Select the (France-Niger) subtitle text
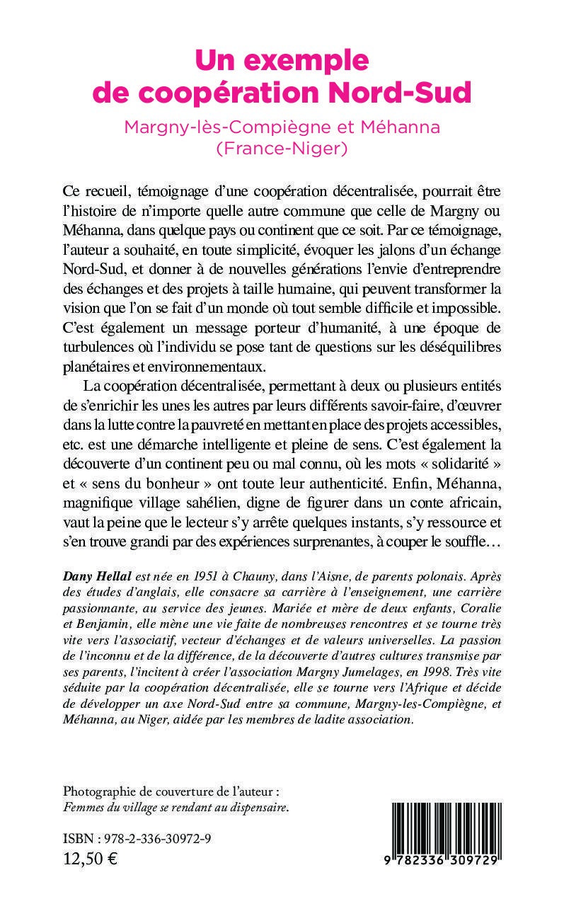(x=282, y=148)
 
